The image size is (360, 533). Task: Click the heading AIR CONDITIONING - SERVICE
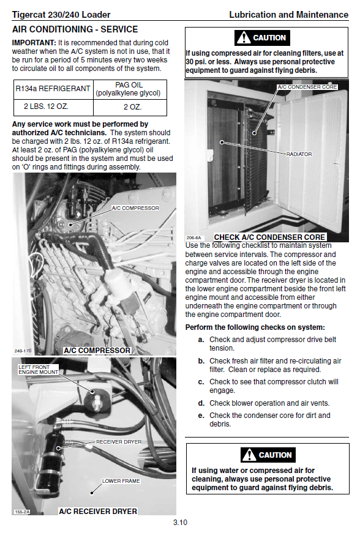click(x=75, y=29)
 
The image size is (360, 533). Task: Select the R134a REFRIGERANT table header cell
click(x=53, y=89)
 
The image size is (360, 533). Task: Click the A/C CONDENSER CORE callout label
click(x=307, y=87)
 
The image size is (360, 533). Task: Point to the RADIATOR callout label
click(x=299, y=154)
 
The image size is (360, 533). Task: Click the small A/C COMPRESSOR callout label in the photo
click(x=135, y=208)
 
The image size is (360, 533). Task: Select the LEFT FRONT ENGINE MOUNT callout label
click(x=38, y=370)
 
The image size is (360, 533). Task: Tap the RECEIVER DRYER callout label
click(x=119, y=442)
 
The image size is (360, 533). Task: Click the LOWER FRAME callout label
click(x=121, y=481)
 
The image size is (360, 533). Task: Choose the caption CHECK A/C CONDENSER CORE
click(x=269, y=237)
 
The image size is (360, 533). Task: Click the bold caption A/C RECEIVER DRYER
click(x=98, y=511)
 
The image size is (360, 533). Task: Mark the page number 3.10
click(x=180, y=523)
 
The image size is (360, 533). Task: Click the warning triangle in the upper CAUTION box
click(x=244, y=38)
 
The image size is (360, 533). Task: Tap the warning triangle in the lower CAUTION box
click(x=249, y=455)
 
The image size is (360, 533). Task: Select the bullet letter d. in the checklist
click(x=201, y=403)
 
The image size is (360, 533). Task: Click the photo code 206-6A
click(x=193, y=238)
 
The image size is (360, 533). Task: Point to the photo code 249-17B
click(x=23, y=351)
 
